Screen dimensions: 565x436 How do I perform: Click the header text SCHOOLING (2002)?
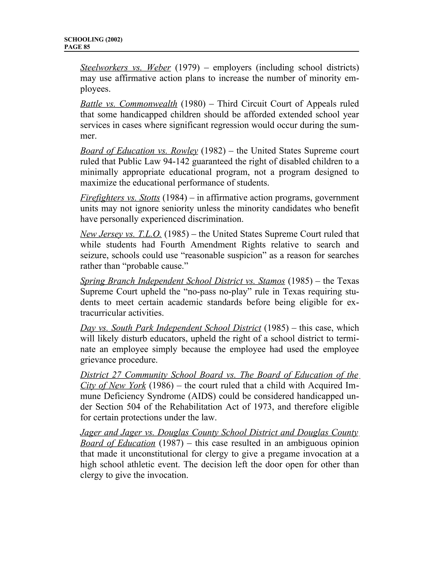(x=93, y=40)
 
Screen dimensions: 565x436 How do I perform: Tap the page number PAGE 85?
(x=77, y=47)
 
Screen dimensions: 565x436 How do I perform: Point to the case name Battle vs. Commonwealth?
(x=129, y=104)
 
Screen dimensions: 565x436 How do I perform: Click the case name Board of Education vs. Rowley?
(x=139, y=151)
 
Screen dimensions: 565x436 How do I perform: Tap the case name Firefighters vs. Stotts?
(x=120, y=198)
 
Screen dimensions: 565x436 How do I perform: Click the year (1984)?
(x=175, y=198)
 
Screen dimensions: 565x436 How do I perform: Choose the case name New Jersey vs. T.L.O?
(x=121, y=234)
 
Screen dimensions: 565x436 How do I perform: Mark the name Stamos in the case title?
(x=271, y=281)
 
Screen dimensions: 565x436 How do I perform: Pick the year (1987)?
(x=171, y=443)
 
